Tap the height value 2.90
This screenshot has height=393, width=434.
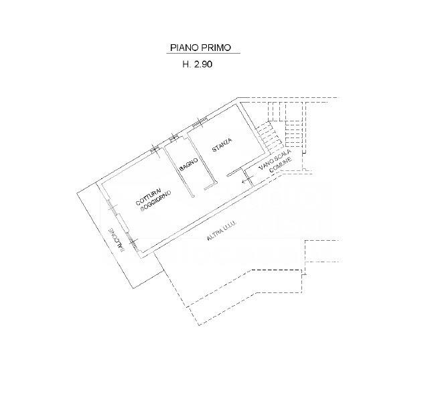point(203,64)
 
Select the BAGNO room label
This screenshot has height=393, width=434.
point(188,164)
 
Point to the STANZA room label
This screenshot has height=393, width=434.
point(222,145)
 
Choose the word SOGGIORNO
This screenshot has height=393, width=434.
point(156,201)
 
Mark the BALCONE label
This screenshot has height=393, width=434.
point(116,239)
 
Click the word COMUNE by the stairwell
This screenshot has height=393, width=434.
point(281,165)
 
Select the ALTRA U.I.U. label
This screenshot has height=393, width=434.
point(221,231)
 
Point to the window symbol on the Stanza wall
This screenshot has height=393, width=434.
point(200,122)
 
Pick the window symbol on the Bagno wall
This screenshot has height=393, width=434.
point(174,137)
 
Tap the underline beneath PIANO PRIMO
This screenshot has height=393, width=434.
point(203,53)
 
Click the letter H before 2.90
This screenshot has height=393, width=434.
point(186,64)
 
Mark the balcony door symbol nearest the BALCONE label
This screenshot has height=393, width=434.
point(133,241)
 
